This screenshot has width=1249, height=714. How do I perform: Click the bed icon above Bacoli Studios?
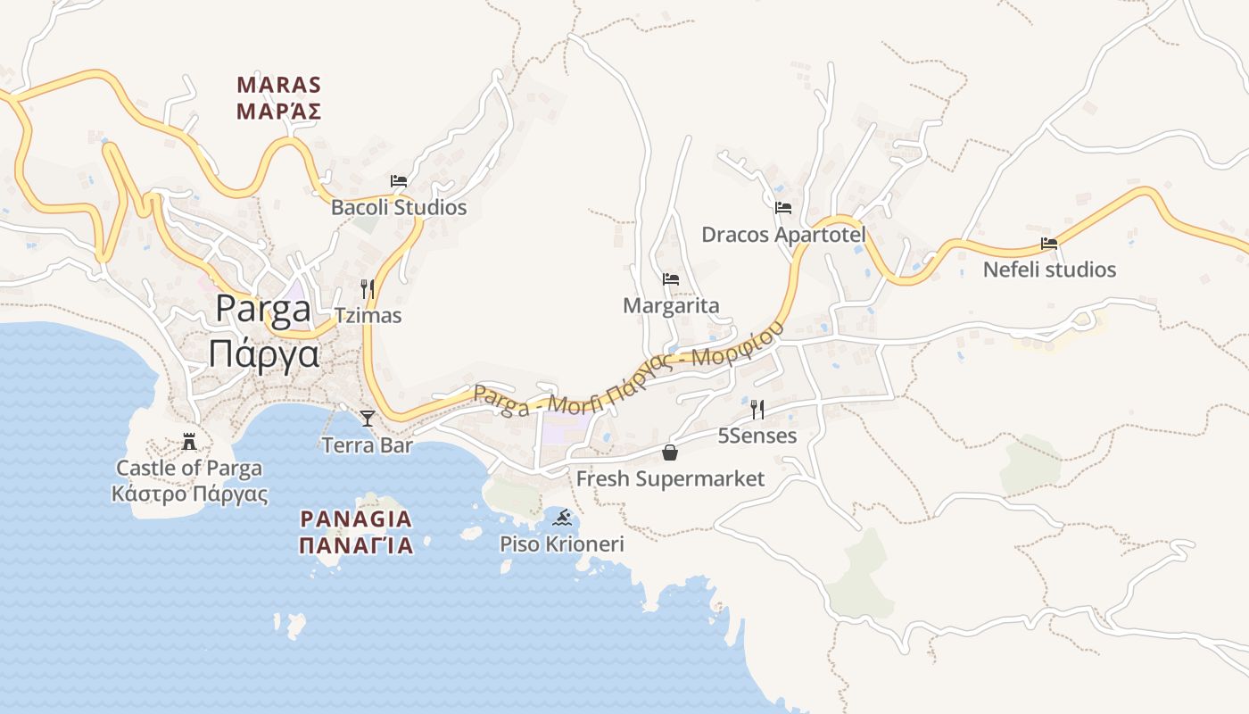pyautogui.click(x=399, y=180)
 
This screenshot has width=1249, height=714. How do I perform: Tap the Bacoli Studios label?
pyautogui.click(x=399, y=208)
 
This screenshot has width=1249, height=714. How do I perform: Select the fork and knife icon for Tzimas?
pyautogui.click(x=367, y=288)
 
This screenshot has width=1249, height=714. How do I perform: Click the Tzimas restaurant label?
pyautogui.click(x=368, y=316)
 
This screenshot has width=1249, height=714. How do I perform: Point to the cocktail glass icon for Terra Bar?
pyautogui.click(x=367, y=418)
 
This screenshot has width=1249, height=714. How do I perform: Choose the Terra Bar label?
pyautogui.click(x=367, y=445)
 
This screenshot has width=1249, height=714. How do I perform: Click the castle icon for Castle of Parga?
pyautogui.click(x=189, y=441)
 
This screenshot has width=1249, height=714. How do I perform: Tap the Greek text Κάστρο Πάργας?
pyautogui.click(x=189, y=494)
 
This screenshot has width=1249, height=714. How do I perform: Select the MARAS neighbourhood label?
pyautogui.click(x=278, y=86)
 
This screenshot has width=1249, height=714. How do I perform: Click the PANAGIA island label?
pyautogui.click(x=356, y=519)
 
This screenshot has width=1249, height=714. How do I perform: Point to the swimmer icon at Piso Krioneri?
pyautogui.click(x=562, y=517)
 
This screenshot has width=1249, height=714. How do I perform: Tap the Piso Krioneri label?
pyautogui.click(x=562, y=544)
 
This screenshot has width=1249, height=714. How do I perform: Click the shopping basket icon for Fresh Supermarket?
pyautogui.click(x=670, y=452)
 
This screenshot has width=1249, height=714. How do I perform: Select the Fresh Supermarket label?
pyautogui.click(x=670, y=479)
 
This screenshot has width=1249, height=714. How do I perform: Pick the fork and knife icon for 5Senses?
pyautogui.click(x=757, y=410)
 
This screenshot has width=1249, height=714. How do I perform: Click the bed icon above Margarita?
pyautogui.click(x=671, y=279)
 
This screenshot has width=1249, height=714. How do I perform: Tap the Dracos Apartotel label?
pyautogui.click(x=783, y=235)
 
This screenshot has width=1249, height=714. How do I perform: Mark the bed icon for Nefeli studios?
pyautogui.click(x=1049, y=243)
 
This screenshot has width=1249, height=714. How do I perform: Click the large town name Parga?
pyautogui.click(x=263, y=309)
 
